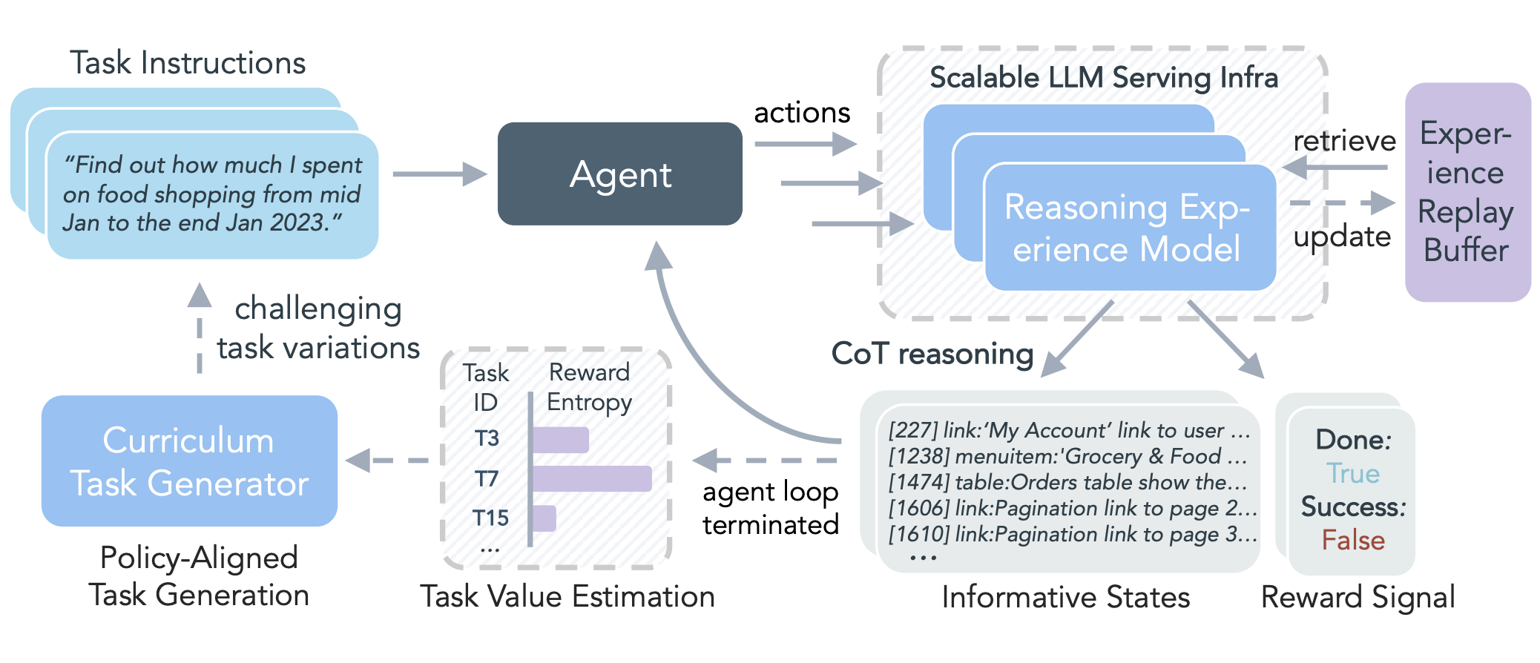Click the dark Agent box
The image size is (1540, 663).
[619, 174]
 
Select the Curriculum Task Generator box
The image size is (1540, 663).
[189, 461]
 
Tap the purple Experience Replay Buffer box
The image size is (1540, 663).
[1467, 192]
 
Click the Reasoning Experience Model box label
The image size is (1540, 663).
[1128, 227]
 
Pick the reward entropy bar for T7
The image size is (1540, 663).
[592, 478]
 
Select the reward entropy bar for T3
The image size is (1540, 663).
[561, 440]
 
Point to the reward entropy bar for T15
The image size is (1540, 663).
[544, 518]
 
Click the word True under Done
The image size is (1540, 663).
[1352, 473]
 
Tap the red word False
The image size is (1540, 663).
[1352, 540]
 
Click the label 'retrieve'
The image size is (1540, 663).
[1343, 141]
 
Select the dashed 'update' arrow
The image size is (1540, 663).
[1341, 202]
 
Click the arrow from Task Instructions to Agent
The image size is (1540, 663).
[438, 174]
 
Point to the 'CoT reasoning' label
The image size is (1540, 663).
[932, 354]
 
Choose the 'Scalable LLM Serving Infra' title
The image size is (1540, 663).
[1103, 78]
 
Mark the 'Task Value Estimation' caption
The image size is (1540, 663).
[567, 596]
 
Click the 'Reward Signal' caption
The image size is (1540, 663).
[1358, 597]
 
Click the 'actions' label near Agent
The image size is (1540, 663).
[801, 113]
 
